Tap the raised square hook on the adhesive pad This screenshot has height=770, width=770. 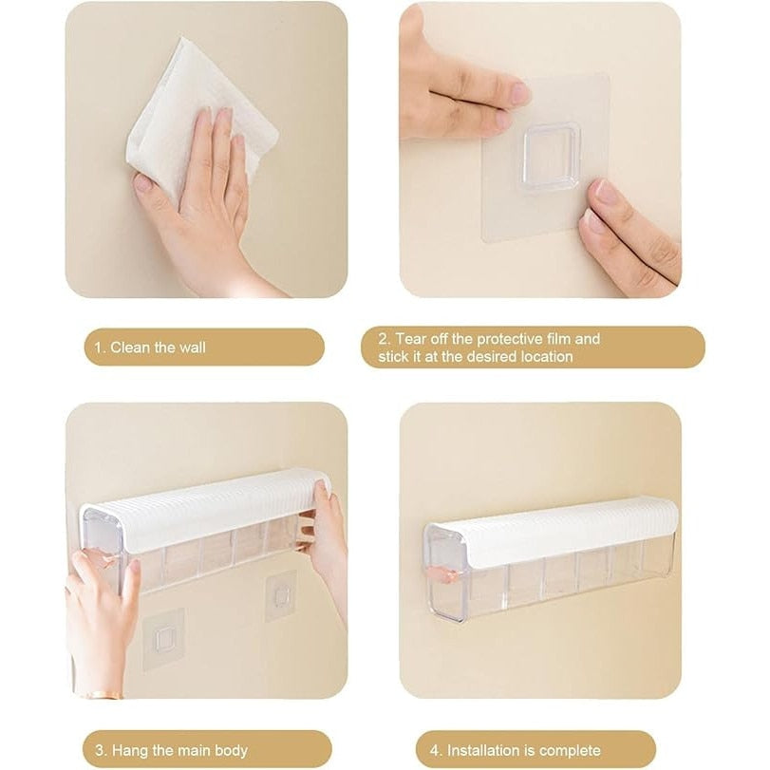[552, 156]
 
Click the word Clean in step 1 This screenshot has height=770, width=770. [130, 347]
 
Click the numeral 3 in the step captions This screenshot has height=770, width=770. [101, 750]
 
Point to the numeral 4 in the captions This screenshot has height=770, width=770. [435, 751]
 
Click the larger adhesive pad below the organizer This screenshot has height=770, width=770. [163, 639]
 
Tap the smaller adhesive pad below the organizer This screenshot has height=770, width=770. [281, 595]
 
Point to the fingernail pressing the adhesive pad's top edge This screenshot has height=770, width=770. [518, 92]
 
